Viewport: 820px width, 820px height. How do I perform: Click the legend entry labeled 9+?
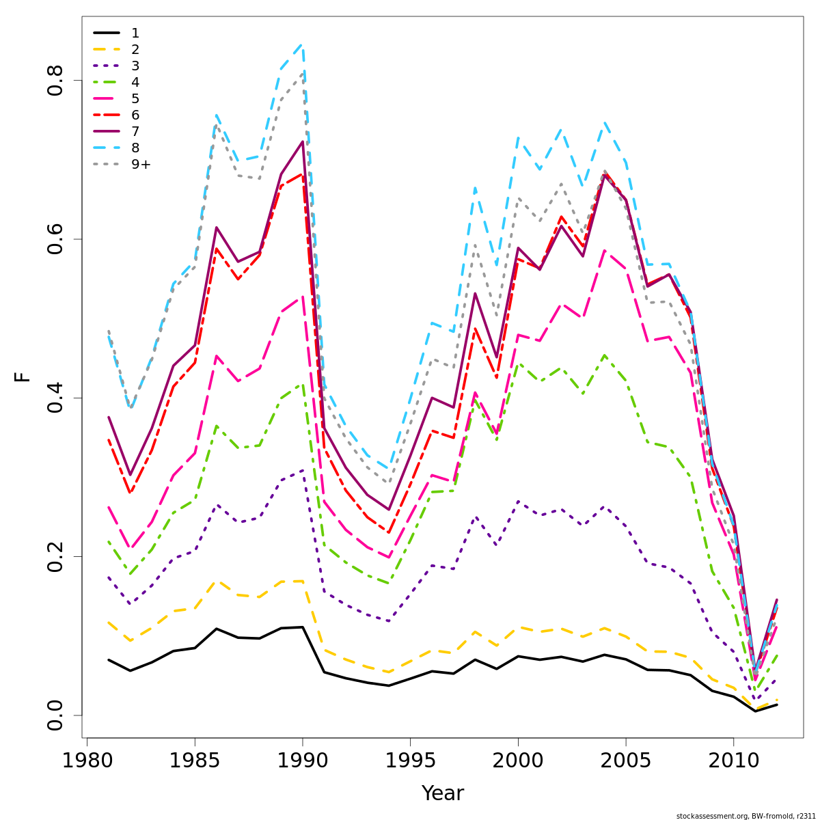click(141, 164)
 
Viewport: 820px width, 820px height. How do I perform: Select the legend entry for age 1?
click(135, 33)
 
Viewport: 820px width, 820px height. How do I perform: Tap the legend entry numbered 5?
click(135, 98)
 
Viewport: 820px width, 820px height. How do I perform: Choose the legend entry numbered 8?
click(135, 148)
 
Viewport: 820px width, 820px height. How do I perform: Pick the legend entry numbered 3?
click(135, 66)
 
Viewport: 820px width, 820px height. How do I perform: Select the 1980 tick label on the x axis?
click(87, 761)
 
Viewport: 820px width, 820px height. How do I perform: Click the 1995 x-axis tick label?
click(410, 761)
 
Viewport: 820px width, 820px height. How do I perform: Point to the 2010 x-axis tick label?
click(733, 761)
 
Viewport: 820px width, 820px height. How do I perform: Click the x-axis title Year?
click(442, 793)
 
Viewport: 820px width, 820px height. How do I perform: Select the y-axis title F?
click(23, 377)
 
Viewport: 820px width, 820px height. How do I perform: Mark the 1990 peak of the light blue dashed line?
click(302, 44)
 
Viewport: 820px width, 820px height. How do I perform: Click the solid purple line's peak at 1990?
click(302, 141)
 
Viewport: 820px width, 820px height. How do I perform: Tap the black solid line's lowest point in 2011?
click(755, 711)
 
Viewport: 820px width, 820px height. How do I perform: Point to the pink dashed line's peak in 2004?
click(604, 251)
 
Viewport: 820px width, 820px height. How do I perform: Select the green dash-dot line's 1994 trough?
click(389, 584)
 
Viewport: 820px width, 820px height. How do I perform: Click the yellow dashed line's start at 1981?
click(109, 623)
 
